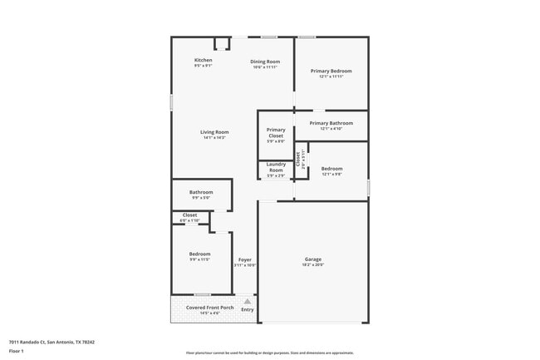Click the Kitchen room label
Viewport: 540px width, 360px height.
[204, 60]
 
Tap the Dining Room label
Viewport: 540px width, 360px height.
[265, 62]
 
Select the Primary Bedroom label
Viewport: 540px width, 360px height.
[331, 72]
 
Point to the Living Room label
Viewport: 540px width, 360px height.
[214, 132]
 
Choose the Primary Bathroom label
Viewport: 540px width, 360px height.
[331, 123]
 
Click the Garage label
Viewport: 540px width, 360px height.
[313, 259]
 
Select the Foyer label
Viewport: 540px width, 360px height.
[245, 260]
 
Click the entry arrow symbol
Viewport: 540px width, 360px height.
[247, 302]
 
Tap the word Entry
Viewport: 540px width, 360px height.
[248, 310]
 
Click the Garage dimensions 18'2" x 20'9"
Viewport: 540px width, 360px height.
[313, 265]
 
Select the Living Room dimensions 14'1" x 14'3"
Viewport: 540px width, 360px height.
[214, 138]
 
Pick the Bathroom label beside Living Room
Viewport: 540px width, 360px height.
[201, 193]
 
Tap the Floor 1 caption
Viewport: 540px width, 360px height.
[17, 352]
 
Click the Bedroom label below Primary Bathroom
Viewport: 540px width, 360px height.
[332, 169]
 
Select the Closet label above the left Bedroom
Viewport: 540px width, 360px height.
[190, 215]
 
